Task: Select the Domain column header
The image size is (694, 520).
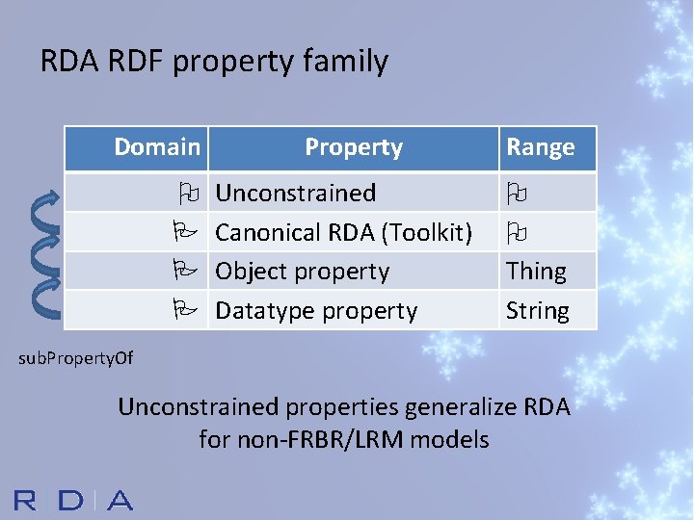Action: coord(157,147)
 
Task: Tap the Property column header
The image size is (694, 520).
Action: coord(354,147)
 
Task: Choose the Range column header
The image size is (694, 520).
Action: coord(541,147)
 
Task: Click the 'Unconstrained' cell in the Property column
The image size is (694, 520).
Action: coord(295,193)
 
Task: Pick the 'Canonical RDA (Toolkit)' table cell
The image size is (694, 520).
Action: coord(343,232)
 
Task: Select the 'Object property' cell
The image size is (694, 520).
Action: coord(302,272)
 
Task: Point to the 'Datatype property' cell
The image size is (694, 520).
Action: coord(316,311)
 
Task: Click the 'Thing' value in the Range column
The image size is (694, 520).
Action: coord(536,272)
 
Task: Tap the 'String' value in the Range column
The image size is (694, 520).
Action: coord(538,311)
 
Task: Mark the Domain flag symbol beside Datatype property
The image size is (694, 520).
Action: coord(187,310)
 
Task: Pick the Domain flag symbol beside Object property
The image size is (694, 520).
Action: coord(187,271)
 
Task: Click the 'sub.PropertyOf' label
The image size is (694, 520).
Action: coord(76,358)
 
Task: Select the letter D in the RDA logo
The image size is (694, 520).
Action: coord(71,500)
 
